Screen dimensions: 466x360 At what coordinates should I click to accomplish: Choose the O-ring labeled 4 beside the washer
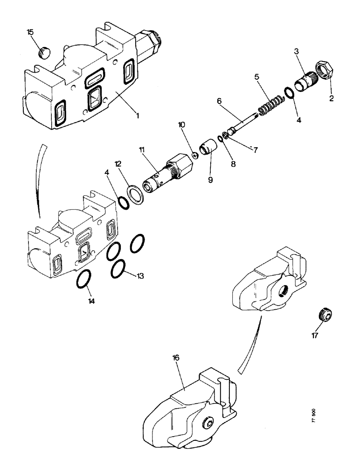click(x=123, y=203)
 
